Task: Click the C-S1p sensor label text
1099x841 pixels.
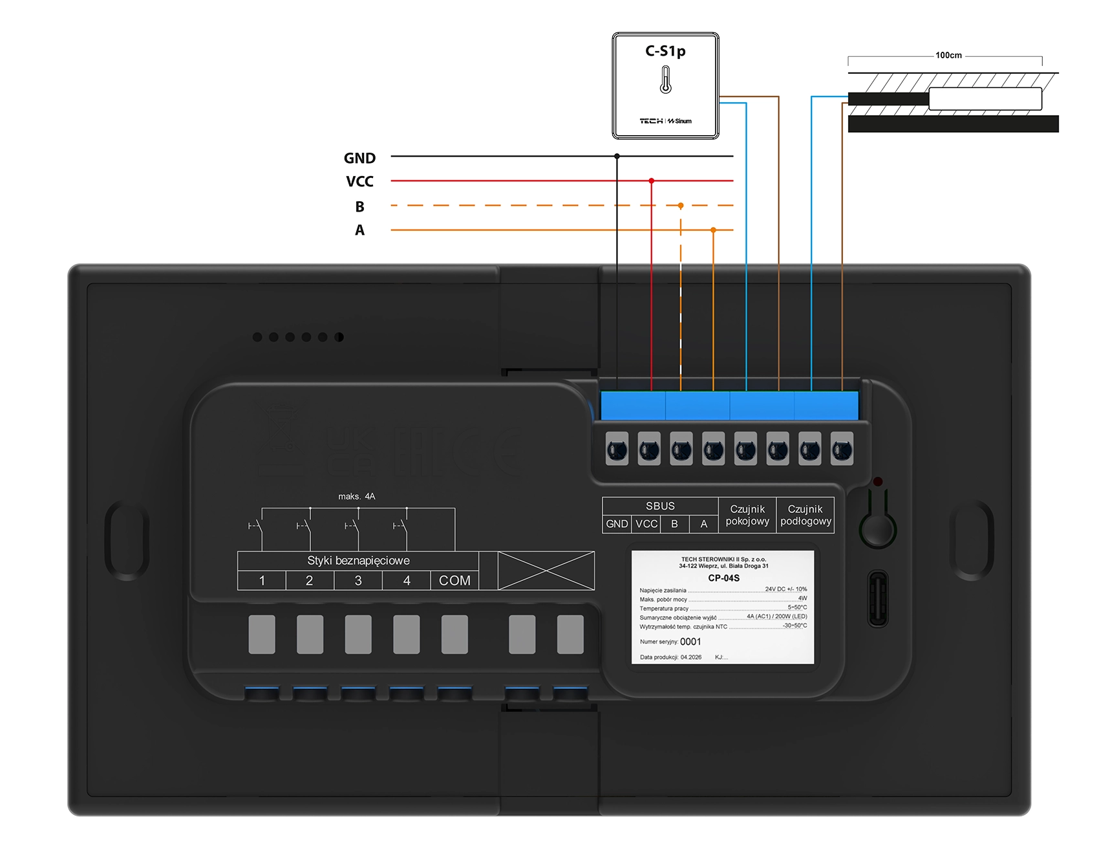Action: coord(665,51)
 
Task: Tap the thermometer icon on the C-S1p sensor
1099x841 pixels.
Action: coord(665,80)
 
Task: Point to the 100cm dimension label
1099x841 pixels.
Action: coord(948,56)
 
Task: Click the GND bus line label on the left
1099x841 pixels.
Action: coord(359,158)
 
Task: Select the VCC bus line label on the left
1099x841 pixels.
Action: coord(359,182)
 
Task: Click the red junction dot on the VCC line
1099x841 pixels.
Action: coord(651,181)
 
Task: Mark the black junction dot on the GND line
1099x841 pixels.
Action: coord(617,156)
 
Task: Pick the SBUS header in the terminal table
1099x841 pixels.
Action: coord(660,506)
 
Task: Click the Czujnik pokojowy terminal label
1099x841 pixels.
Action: coord(747,515)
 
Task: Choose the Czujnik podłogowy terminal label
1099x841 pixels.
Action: coord(806,515)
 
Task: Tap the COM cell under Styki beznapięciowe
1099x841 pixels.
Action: coord(454,581)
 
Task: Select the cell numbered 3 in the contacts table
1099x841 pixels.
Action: coord(358,581)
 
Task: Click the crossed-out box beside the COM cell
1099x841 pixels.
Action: coord(546,571)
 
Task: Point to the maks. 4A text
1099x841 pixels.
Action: coord(356,496)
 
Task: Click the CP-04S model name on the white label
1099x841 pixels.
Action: coord(723,578)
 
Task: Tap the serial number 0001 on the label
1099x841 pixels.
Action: coord(690,642)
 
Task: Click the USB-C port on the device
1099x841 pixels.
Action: coord(877,598)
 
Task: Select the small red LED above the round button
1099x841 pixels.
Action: coord(877,482)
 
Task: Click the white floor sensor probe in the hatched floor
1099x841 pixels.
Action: coord(985,99)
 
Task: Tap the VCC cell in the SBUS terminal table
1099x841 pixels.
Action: coord(646,524)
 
